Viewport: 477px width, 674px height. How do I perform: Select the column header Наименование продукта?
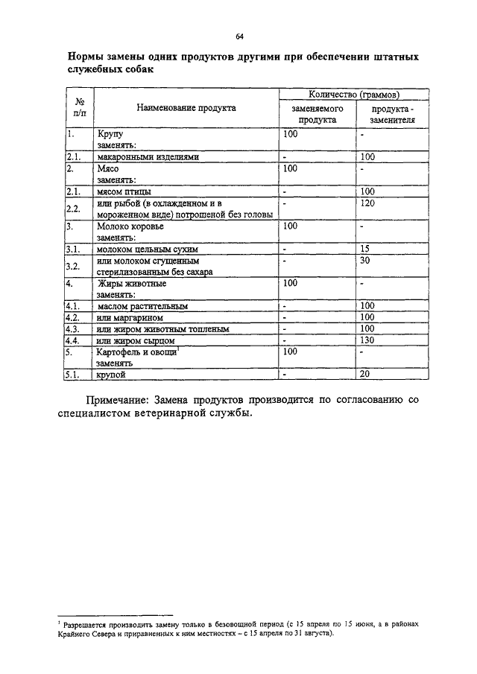[x=186, y=107]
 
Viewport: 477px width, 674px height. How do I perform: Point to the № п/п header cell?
[x=78, y=107]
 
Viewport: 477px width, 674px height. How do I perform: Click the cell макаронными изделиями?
[x=147, y=157]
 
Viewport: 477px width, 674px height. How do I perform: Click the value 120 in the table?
[x=366, y=203]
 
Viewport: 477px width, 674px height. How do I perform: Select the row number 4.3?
[x=72, y=328]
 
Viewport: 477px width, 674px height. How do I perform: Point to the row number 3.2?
[x=72, y=266]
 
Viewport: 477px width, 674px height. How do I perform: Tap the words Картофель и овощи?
[x=136, y=352]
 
